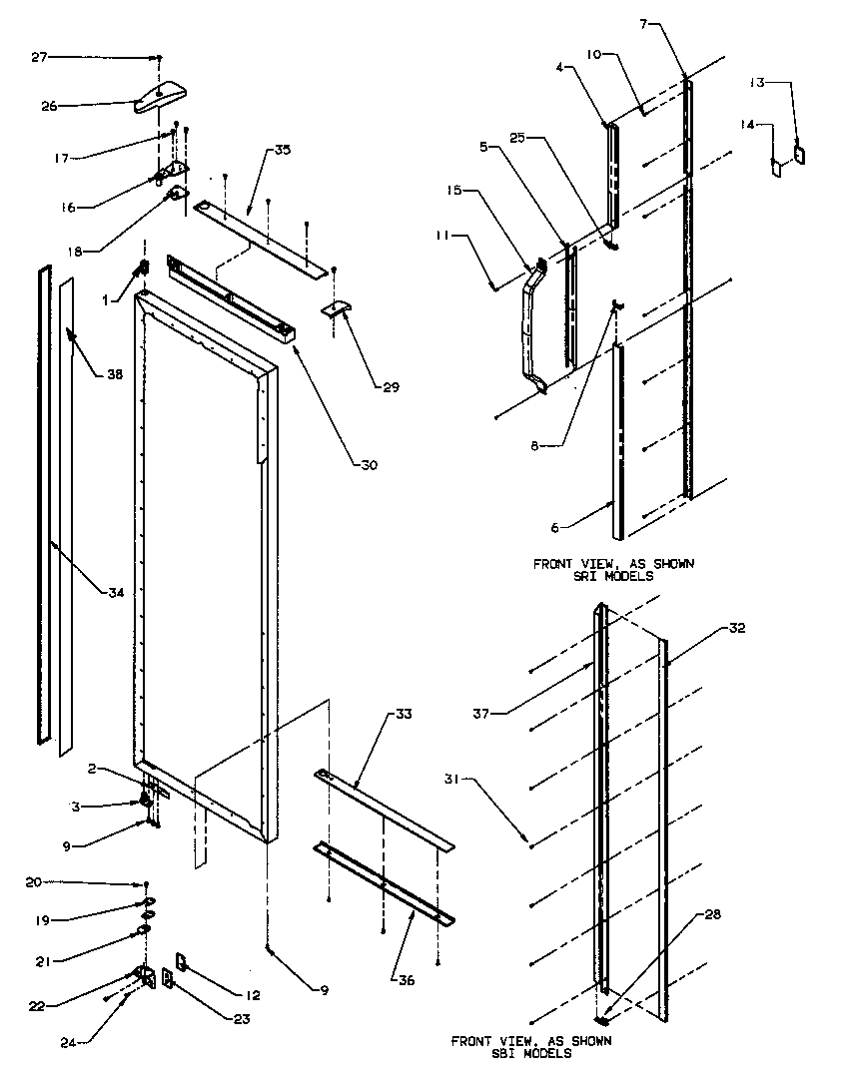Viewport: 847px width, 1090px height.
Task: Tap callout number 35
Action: tap(282, 151)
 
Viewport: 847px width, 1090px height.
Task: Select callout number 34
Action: tap(116, 593)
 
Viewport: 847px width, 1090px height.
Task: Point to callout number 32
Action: tap(737, 629)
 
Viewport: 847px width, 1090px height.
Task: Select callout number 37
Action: tap(482, 712)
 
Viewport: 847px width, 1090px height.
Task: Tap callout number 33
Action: tap(403, 715)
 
